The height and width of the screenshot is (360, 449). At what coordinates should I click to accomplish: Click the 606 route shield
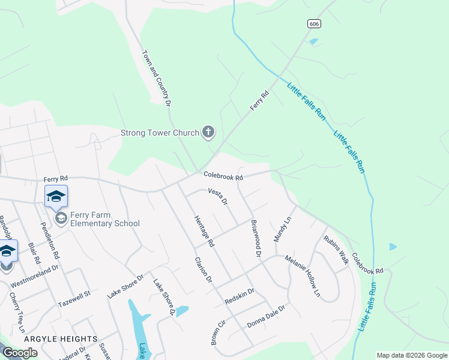click(313, 23)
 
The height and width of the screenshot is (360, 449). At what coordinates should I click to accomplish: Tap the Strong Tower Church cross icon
click(208, 133)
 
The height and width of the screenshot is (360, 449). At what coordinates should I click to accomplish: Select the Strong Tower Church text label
click(160, 133)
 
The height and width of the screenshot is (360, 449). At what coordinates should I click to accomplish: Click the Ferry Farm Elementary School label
click(105, 219)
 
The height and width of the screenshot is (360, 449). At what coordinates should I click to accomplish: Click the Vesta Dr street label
click(218, 196)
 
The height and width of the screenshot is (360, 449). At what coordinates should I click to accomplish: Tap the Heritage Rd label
click(204, 231)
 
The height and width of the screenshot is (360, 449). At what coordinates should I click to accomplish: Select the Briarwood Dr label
click(256, 239)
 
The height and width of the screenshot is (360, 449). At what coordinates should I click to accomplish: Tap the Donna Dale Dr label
click(265, 316)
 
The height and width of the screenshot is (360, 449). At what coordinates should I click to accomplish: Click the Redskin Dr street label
click(240, 295)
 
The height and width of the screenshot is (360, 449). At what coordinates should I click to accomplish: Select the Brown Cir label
click(217, 331)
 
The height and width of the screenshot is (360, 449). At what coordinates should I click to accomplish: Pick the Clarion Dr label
click(203, 269)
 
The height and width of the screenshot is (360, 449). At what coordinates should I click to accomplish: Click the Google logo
click(20, 353)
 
